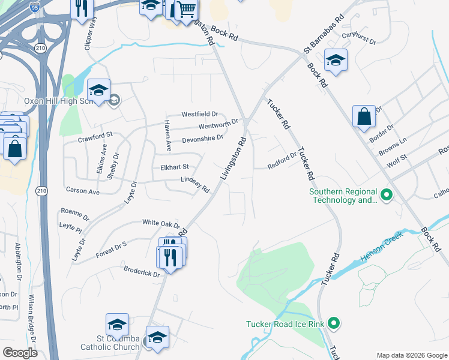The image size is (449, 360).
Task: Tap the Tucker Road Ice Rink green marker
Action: pos(335,324)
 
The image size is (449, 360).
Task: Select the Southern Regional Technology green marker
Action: pos(387,195)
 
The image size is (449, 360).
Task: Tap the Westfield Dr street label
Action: pos(200,114)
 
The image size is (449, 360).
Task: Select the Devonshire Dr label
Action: pos(202,138)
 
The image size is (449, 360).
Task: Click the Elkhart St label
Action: pos(174,167)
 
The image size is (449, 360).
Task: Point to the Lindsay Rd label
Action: pos(195,185)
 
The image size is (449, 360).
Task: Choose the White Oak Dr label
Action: pos(161,223)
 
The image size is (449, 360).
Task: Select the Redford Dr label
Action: pos(282,161)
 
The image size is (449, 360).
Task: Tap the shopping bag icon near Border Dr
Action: pos(364,116)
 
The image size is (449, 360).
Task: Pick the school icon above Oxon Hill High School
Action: pos(98,91)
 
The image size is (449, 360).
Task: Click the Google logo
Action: pos(20,353)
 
